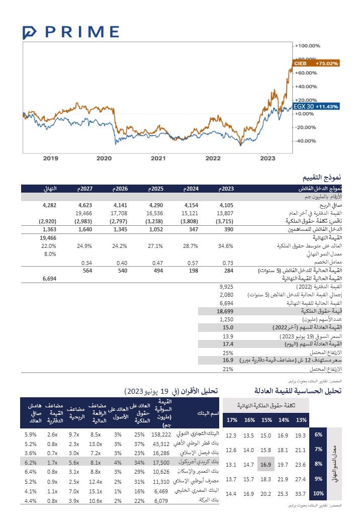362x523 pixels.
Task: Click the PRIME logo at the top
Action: [71, 32]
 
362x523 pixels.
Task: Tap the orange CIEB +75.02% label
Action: [316, 63]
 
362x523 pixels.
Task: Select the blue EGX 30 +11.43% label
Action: [316, 107]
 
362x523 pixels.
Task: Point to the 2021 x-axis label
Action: [158, 158]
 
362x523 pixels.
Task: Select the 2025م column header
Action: [156, 189]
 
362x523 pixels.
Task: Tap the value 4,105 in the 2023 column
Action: [227, 205]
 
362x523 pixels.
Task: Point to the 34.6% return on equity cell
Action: [227, 246]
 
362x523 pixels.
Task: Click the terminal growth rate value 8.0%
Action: [49, 254]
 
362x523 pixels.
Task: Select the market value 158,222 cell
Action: [161, 434]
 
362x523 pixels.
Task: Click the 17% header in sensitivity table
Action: [231, 420]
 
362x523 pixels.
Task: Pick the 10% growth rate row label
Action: [318, 493]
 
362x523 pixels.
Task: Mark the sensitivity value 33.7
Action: [300, 493]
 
